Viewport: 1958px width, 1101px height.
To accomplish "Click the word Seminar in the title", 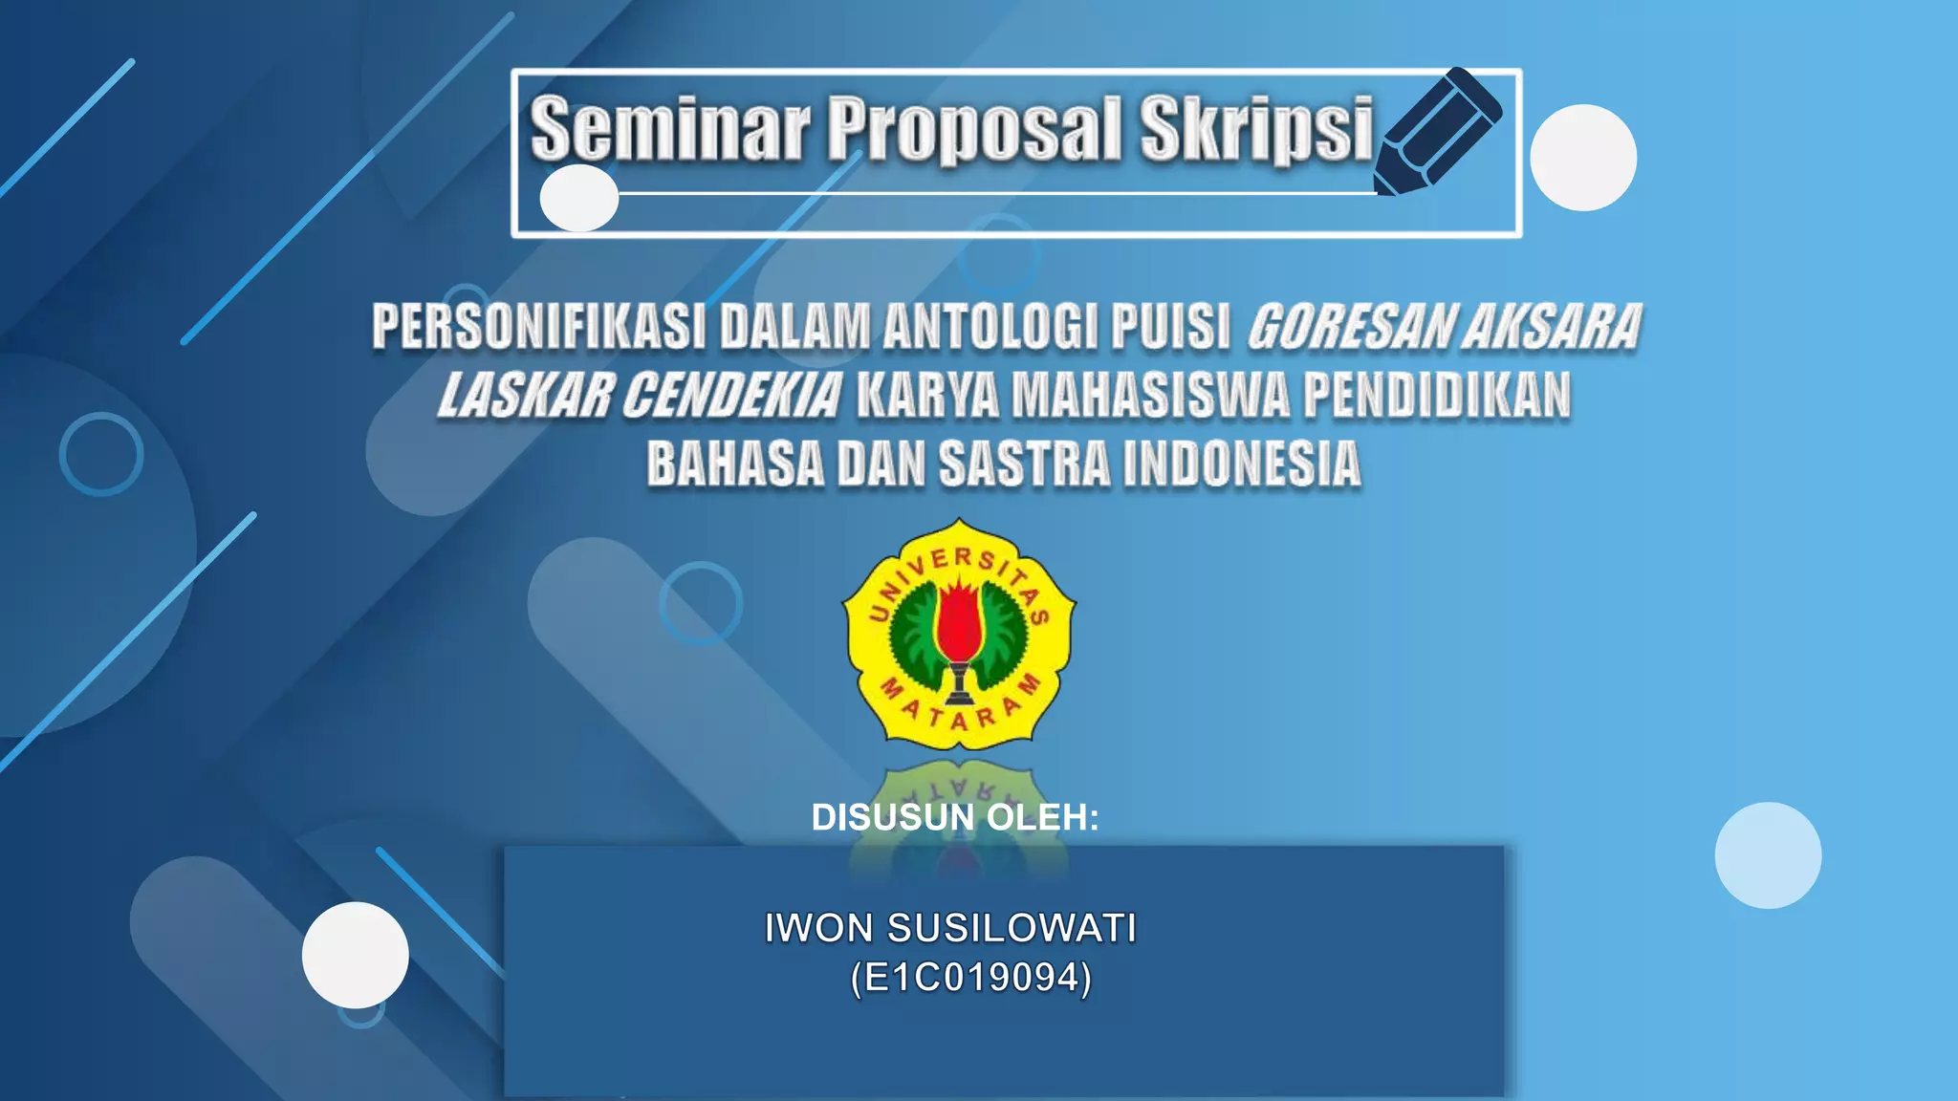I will [670, 128].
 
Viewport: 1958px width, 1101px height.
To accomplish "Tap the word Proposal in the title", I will [972, 128].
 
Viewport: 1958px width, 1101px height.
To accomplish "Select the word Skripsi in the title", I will [1256, 128].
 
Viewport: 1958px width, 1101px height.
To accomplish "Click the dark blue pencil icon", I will [1438, 130].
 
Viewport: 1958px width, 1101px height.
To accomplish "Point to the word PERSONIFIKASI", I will [538, 327].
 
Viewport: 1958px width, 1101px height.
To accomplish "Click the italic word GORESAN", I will [1349, 327].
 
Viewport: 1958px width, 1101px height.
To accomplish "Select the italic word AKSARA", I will [1552, 327].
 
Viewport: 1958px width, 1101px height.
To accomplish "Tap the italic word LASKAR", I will [526, 396].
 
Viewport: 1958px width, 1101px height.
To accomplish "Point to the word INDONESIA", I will [1242, 464].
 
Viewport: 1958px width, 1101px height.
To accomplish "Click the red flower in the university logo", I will [959, 622].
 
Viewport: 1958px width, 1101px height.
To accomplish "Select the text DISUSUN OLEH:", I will [955, 817].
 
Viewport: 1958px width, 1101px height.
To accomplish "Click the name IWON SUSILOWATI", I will [950, 928].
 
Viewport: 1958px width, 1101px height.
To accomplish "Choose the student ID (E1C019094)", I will [970, 978].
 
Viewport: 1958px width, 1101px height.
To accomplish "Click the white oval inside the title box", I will [579, 198].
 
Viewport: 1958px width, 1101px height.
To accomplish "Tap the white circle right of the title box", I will [1583, 158].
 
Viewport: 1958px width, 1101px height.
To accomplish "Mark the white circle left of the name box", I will [356, 955].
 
